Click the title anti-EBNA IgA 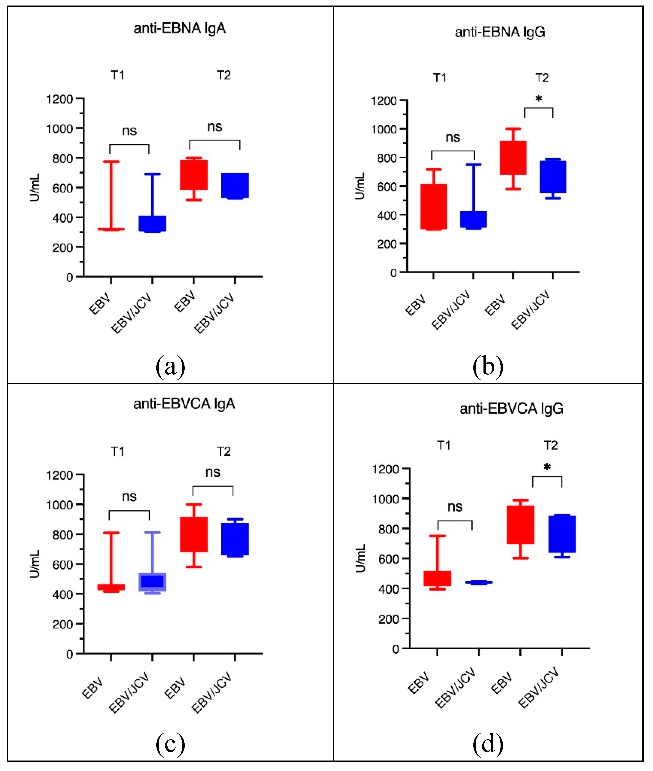tap(179, 28)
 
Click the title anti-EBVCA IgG tap(511, 409)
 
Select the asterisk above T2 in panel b tap(539, 98)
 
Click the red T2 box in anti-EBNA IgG tap(513, 158)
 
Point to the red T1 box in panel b tap(434, 206)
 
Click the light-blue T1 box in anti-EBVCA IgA tap(152, 582)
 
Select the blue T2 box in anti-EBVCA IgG tap(562, 534)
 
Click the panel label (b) tap(488, 366)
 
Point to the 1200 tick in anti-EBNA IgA tap(59, 99)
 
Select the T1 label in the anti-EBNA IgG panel tap(439, 78)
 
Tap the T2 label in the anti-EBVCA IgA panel tap(224, 451)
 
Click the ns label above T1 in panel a tap(129, 131)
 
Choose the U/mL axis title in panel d tap(360, 558)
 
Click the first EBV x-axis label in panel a tap(100, 303)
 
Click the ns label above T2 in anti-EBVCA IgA tap(213, 472)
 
